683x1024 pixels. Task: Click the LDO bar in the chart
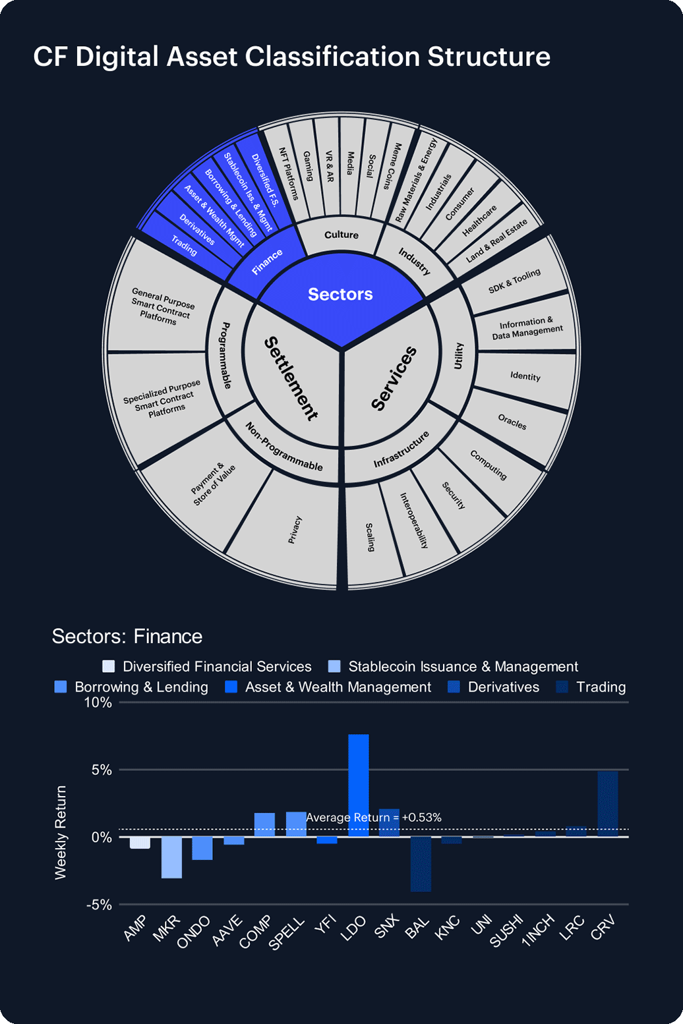coord(358,785)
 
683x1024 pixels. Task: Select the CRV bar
coord(607,803)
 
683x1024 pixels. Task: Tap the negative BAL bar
coord(421,864)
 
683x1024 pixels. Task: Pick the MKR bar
coord(171,857)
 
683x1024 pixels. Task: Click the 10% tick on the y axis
coord(98,702)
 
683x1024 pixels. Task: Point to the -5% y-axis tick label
coord(99,905)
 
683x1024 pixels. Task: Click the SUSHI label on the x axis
coord(507,930)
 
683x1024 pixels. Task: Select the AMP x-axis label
coord(135,928)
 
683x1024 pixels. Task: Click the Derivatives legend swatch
coord(454,687)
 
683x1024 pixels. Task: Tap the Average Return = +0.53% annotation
coord(374,818)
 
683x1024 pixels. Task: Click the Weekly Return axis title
coord(61,832)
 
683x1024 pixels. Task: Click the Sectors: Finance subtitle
coord(127,637)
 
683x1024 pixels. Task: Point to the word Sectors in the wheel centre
coord(340,295)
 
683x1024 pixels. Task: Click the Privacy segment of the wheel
coord(295,530)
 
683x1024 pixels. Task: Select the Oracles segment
coord(512,422)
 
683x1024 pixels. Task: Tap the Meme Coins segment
coord(393,166)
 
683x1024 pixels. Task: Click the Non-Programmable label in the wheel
coord(284,447)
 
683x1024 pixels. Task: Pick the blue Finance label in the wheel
coord(267,262)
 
